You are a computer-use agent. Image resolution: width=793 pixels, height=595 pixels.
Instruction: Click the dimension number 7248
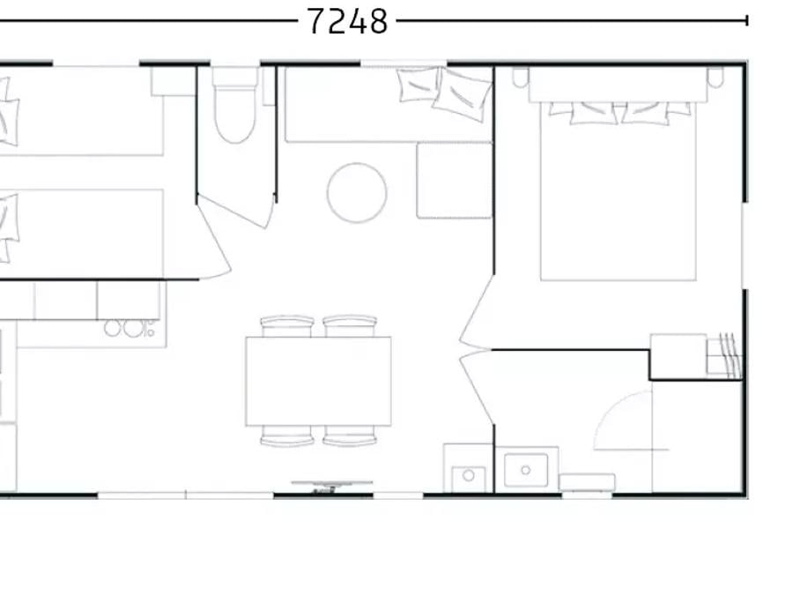point(347,22)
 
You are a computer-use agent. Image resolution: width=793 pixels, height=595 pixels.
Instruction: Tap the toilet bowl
point(234,115)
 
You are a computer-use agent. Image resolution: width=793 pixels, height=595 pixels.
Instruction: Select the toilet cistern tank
point(234,77)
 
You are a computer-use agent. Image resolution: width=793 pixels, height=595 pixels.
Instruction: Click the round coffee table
point(357,193)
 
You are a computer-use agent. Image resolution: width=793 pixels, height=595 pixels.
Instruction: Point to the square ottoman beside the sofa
point(454,181)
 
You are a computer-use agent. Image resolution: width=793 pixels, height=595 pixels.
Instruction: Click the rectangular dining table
point(318,381)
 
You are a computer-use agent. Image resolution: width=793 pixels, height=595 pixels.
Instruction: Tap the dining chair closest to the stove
point(286,326)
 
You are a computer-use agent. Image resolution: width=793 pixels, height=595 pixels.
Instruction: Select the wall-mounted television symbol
point(332,486)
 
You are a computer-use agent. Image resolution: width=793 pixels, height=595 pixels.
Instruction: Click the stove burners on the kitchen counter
point(130,329)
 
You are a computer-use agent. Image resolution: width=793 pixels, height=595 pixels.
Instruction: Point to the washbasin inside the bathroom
point(526,471)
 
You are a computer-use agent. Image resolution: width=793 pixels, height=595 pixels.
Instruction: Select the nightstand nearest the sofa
point(521,78)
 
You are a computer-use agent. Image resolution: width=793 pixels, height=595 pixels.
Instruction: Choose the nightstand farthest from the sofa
point(715,78)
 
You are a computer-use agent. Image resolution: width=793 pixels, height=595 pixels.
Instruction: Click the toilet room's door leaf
point(233,211)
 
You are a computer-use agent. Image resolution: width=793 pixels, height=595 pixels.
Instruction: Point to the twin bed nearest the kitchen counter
point(81,234)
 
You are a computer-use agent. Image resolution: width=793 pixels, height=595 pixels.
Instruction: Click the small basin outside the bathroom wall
point(469,477)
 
